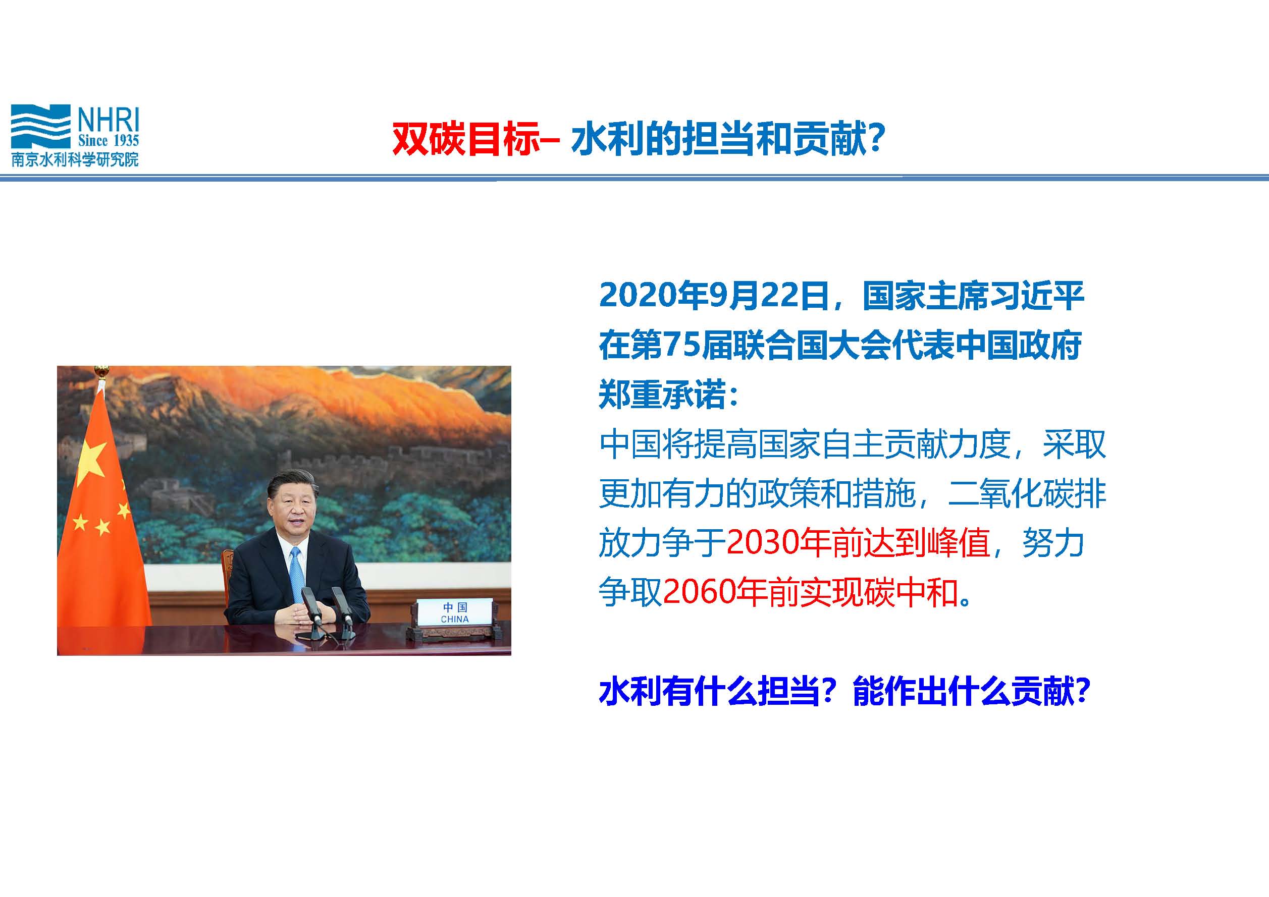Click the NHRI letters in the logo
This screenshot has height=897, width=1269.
pyautogui.click(x=109, y=119)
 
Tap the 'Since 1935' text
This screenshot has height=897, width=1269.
pyautogui.click(x=109, y=141)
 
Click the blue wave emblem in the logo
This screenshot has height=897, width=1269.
pyautogui.click(x=41, y=127)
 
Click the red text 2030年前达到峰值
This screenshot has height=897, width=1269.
pyautogui.click(x=858, y=543)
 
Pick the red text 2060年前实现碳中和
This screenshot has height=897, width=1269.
pyautogui.click(x=810, y=592)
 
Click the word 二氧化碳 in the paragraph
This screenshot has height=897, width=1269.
pyautogui.click(x=1011, y=493)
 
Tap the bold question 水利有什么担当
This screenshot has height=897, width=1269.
pyautogui.click(x=709, y=691)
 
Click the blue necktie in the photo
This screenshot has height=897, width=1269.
pyautogui.click(x=297, y=574)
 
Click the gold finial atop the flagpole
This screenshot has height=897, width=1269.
pyautogui.click(x=101, y=371)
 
